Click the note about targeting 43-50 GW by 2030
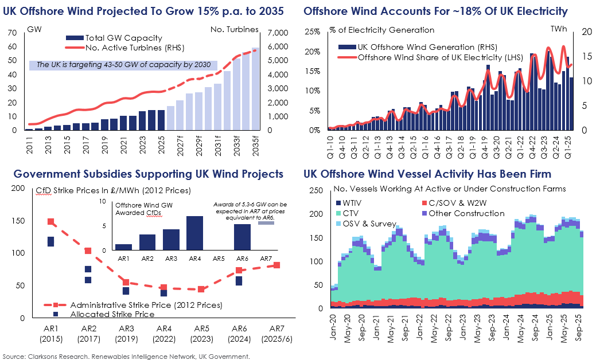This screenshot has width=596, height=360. pos(123,65)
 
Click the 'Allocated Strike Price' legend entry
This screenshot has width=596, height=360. pos(112,314)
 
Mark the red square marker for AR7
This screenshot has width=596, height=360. pos(276,265)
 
